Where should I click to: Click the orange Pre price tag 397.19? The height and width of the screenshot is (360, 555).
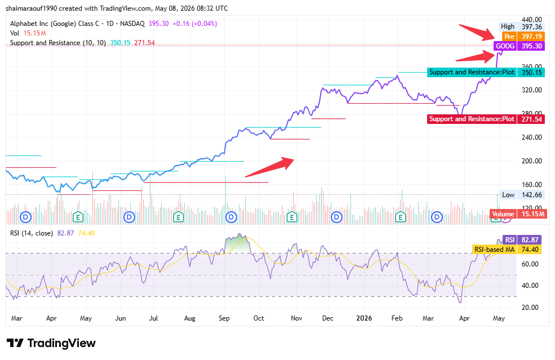(x=523, y=37)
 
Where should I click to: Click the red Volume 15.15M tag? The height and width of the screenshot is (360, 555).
(x=517, y=214)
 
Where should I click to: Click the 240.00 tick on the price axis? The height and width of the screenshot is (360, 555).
(x=531, y=137)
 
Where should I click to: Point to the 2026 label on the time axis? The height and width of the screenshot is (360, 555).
(x=364, y=318)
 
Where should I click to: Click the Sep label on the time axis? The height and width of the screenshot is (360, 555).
(x=224, y=318)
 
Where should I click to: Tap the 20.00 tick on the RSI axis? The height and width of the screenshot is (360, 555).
(x=530, y=307)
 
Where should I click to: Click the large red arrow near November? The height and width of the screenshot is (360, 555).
(x=269, y=167)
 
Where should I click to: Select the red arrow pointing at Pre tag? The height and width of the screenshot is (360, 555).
(x=477, y=32)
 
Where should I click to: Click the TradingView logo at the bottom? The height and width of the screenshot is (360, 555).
(x=51, y=343)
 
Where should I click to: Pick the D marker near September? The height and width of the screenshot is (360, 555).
(x=231, y=217)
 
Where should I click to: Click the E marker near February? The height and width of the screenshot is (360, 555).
(x=400, y=217)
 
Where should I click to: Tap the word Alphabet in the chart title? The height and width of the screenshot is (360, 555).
(x=24, y=24)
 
